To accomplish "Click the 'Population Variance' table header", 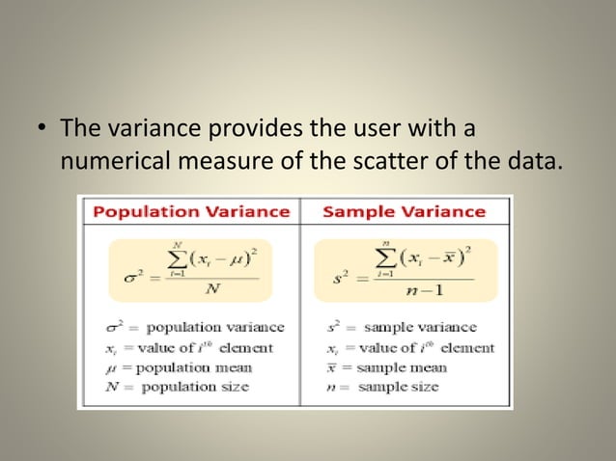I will tap(190, 210).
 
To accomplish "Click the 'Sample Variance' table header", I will tap(404, 210).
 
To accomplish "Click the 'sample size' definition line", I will tap(386, 386).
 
